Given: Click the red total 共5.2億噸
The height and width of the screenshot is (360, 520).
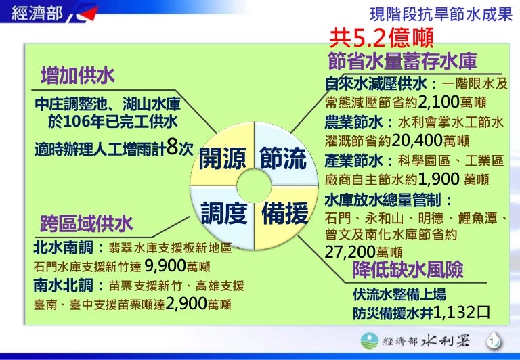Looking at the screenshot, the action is (382, 38).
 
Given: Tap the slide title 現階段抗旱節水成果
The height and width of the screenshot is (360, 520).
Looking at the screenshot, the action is (441, 15).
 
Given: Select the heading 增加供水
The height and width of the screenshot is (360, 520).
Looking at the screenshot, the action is (78, 76).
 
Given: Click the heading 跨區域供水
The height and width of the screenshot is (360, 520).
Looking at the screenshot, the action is (87, 223).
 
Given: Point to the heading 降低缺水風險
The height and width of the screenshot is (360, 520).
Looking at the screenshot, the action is (408, 269).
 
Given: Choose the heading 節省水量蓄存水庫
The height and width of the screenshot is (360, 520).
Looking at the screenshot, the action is (403, 62).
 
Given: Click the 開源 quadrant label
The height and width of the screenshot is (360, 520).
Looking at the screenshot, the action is (222, 158).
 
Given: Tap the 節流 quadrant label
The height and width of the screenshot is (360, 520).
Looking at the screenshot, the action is (283, 158).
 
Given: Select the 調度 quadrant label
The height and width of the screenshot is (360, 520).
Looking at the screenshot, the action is (224, 213).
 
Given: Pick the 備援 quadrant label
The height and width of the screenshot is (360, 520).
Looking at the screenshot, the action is (285, 213).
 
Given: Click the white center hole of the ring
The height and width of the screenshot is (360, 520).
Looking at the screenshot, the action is (254, 185).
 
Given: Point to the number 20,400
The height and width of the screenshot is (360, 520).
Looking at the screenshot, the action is (417, 141).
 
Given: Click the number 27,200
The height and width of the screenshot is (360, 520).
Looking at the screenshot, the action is (350, 252).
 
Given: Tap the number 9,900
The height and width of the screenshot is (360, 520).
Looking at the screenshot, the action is (165, 265).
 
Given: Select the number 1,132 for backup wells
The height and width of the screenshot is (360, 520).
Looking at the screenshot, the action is (454, 312).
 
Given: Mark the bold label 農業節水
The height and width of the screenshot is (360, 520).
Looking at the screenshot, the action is (353, 122).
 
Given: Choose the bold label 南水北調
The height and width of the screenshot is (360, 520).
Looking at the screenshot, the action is (63, 285).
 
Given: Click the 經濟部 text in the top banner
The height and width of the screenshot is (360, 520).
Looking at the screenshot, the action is (37, 14).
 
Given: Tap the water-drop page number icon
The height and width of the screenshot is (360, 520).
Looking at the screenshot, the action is (493, 342).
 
